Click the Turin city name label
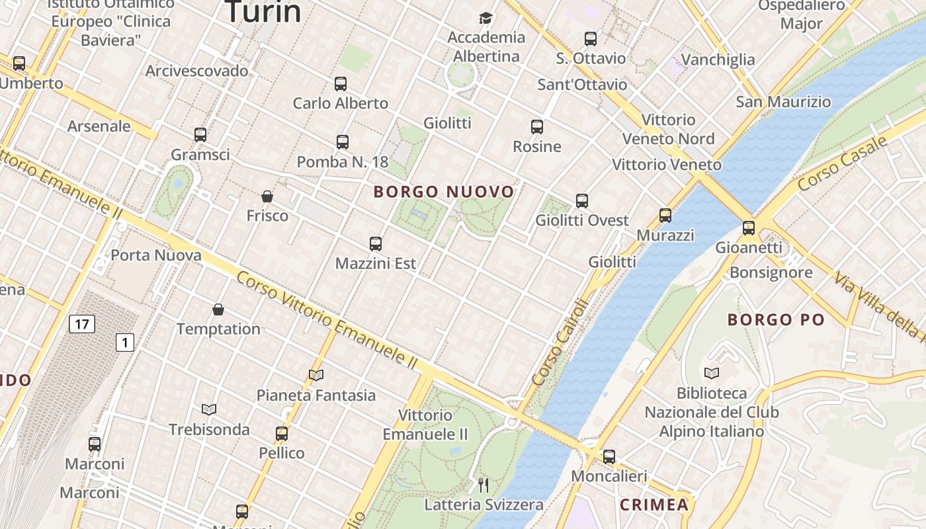click(263, 12)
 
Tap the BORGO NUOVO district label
click(444, 192)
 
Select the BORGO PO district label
click(776, 320)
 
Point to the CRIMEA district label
click(654, 505)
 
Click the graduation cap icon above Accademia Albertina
click(486, 18)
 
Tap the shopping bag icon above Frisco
click(267, 196)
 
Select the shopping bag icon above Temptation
click(218, 309)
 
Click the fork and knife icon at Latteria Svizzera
click(484, 486)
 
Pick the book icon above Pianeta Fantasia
click(316, 376)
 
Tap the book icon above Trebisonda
click(209, 410)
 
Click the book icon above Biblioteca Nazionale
click(712, 373)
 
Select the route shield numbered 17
click(81, 324)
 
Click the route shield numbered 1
click(124, 343)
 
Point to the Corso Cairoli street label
click(559, 343)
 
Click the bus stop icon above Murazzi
click(665, 216)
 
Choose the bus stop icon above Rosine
click(537, 127)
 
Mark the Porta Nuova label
click(156, 255)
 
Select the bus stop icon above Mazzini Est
click(376, 244)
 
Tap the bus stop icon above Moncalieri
click(609, 456)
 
